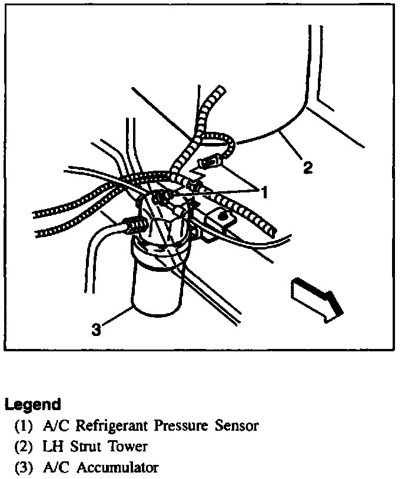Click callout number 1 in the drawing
265,192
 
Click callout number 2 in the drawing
307,168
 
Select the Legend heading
33,405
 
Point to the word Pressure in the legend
180,425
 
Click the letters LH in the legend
53,447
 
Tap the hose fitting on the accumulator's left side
134,225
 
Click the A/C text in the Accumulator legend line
56,468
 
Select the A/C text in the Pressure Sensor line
56,425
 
